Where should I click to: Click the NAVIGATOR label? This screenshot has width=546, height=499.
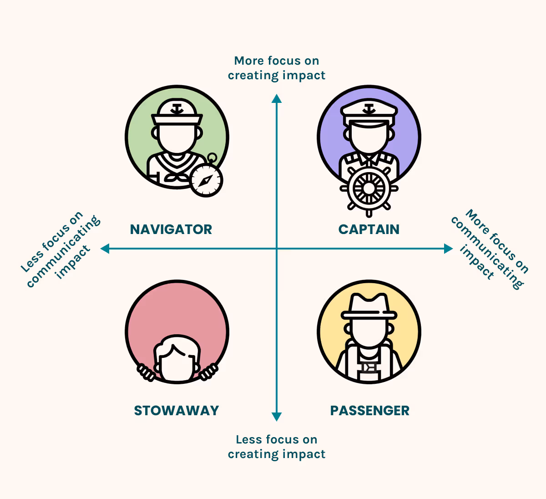(x=171, y=229)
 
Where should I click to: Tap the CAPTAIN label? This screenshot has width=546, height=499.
(x=369, y=229)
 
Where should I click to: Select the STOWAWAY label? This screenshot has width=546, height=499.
(x=177, y=410)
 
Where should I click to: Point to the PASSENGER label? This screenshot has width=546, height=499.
(x=369, y=410)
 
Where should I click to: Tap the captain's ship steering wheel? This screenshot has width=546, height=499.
(x=369, y=188)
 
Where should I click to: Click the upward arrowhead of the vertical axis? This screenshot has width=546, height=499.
(x=277, y=98)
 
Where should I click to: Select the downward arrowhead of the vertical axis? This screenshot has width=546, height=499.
(x=277, y=417)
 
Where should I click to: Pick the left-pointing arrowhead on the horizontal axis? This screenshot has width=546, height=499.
(x=105, y=249)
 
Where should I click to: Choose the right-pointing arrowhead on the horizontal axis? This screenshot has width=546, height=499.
(x=449, y=249)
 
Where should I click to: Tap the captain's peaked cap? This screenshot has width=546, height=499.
(x=369, y=112)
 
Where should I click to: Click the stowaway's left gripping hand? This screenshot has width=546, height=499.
(x=146, y=372)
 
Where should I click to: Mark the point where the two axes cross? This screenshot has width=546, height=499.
(x=277, y=249)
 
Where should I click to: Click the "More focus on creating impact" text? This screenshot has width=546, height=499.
(x=277, y=68)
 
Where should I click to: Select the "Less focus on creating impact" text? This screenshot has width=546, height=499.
(x=277, y=447)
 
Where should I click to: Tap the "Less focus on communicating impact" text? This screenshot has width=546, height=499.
(x=61, y=249)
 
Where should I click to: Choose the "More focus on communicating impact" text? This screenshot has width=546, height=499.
(x=490, y=249)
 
